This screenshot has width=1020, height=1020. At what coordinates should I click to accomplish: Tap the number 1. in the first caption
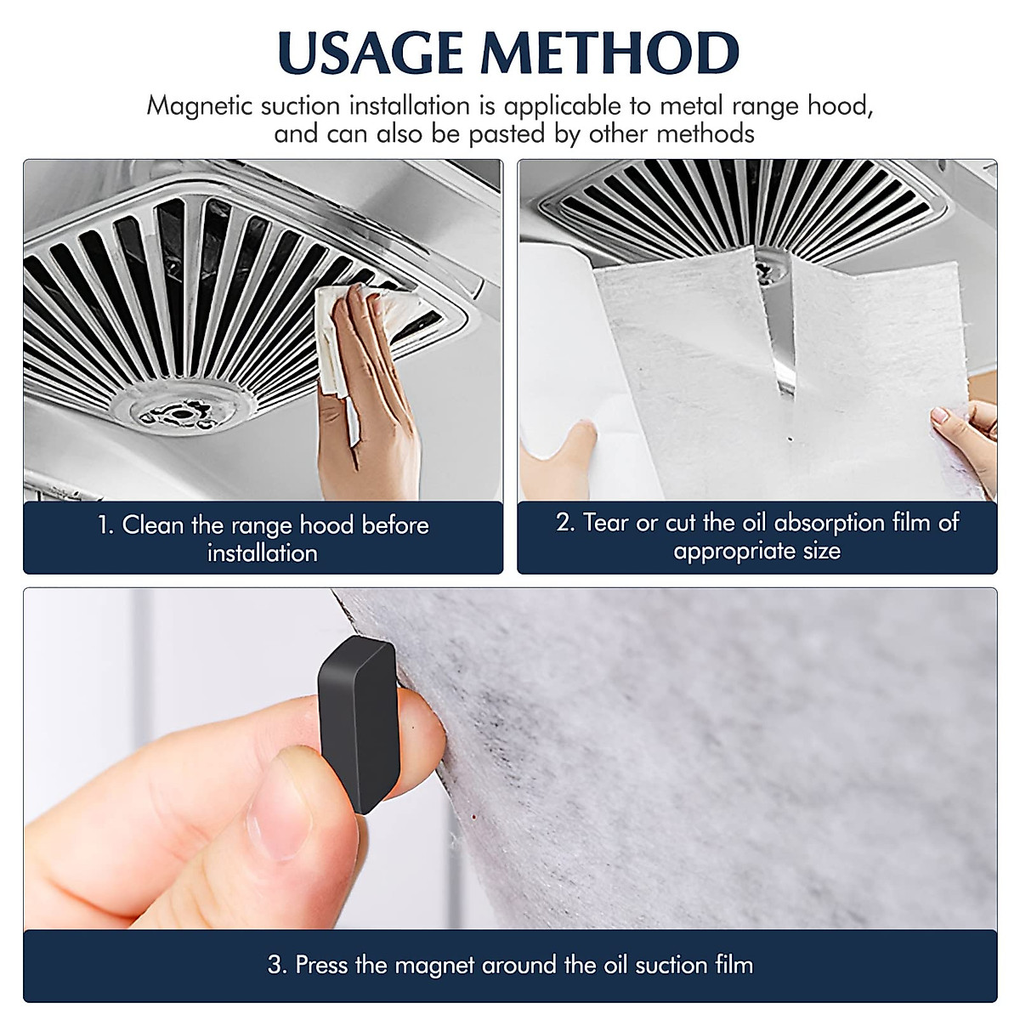click(105, 525)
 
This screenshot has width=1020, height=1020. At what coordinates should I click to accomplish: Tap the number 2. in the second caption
click(566, 523)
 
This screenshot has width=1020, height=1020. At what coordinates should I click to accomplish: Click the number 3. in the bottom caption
click(276, 965)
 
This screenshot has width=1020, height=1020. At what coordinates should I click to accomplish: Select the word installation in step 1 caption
click(263, 553)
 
